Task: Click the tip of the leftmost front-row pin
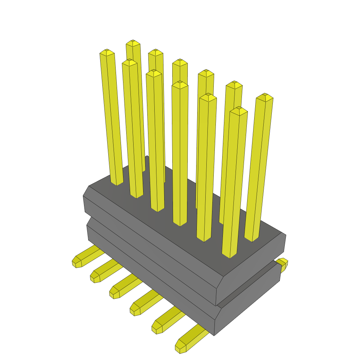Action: click(107, 52)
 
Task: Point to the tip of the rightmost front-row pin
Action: click(239, 110)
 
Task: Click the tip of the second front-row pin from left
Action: click(129, 62)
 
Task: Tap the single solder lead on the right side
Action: click(283, 264)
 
